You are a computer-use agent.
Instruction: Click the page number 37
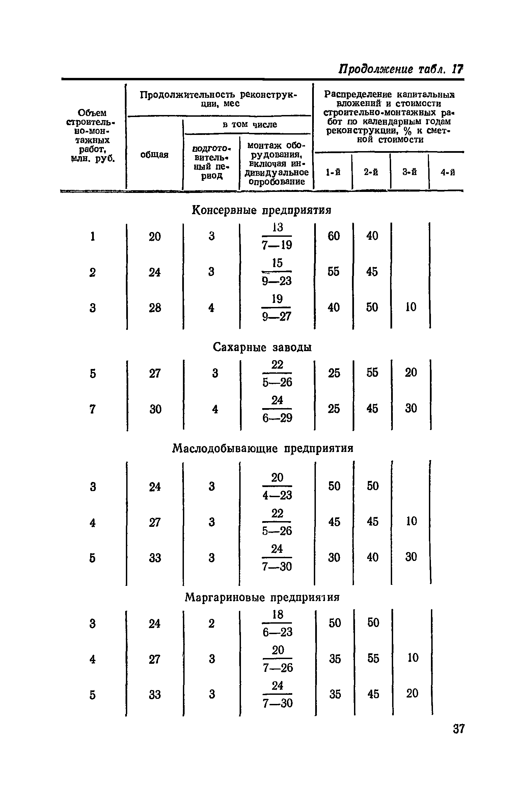[459, 729]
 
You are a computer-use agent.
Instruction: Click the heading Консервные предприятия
[261, 210]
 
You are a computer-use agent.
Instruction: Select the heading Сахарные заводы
[262, 347]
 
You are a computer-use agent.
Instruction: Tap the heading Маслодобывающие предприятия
[263, 448]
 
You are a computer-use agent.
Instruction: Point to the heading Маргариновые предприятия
[262, 597]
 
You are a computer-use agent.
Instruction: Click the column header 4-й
[447, 173]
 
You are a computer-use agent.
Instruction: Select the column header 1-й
[333, 172]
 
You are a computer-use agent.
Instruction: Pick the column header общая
[154, 155]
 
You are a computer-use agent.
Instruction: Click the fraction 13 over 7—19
[277, 236]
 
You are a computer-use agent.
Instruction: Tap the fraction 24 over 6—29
[277, 409]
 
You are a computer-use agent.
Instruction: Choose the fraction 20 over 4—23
[277, 486]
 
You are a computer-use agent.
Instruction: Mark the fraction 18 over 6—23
[277, 623]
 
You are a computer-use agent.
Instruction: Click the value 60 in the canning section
[334, 236]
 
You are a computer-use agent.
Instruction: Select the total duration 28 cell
[155, 308]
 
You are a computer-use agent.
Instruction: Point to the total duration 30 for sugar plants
[155, 409]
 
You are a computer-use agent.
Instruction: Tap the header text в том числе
[250, 124]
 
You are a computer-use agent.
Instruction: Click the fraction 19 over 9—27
[277, 308]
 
